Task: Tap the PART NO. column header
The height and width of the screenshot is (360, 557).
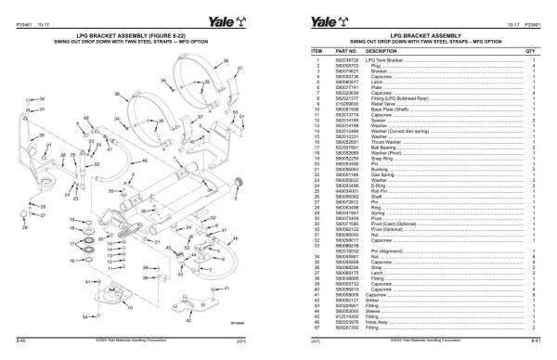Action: (347, 52)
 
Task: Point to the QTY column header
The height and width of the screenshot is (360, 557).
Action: (531, 52)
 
